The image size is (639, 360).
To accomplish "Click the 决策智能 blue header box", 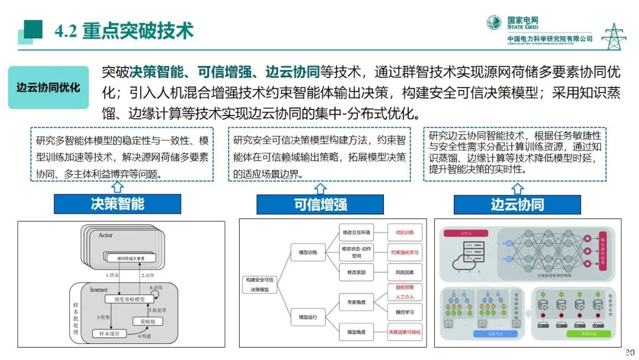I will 117,204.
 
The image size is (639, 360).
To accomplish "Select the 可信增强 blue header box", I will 320,205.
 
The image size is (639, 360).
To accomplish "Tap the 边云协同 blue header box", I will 517,205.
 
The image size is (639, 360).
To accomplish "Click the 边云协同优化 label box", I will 49,88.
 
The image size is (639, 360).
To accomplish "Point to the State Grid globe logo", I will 494,23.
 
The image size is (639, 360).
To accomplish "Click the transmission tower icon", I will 614,36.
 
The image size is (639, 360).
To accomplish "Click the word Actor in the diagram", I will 105,235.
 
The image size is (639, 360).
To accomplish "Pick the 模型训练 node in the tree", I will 308,253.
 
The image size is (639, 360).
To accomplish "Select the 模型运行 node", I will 308,317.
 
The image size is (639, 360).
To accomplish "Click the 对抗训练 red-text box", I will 405,233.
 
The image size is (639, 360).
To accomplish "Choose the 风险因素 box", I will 405,272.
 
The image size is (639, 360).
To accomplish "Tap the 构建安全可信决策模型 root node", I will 261,284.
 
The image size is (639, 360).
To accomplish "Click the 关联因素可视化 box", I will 405,332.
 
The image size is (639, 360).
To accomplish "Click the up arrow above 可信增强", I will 320,188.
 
